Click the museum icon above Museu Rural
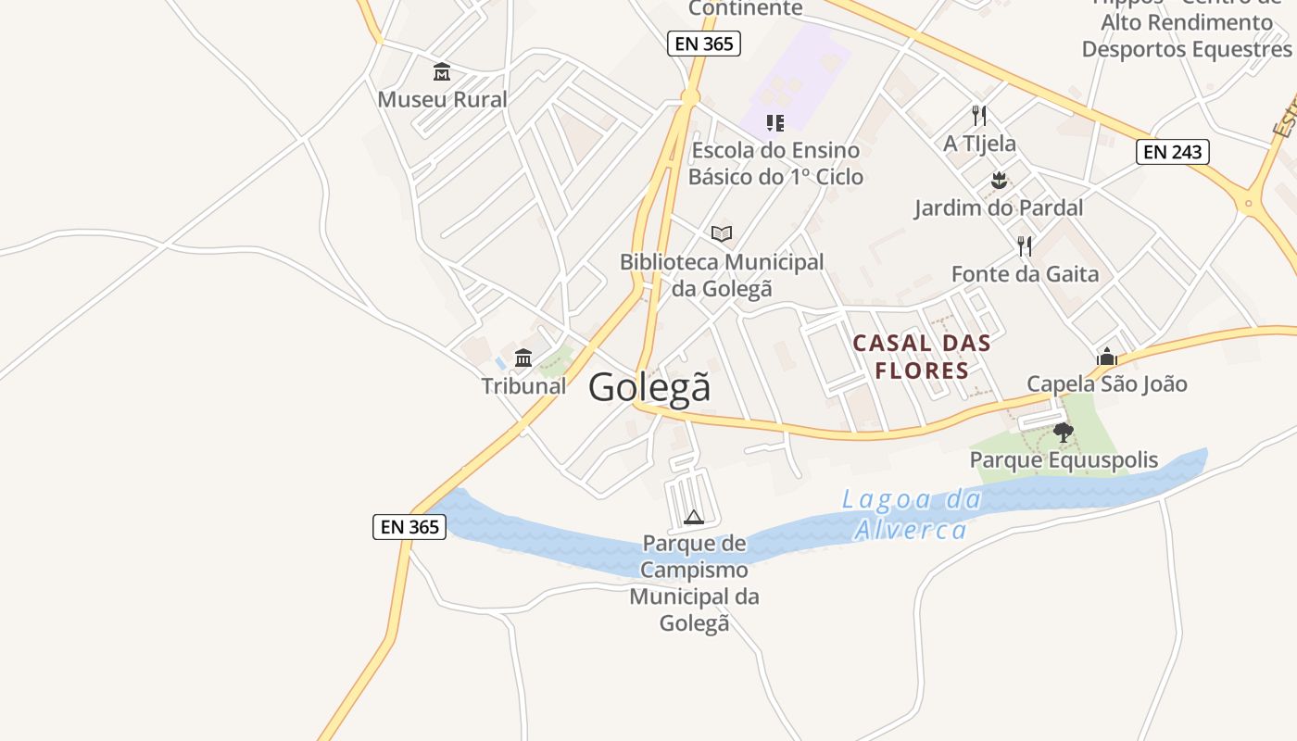[442, 72]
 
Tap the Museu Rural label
[442, 99]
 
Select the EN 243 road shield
[1172, 152]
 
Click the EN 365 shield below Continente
[703, 43]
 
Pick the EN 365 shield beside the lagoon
[409, 527]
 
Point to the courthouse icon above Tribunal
[523, 358]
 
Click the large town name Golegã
[649, 386]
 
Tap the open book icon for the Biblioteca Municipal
[722, 234]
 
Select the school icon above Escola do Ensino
[775, 122]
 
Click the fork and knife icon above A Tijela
[979, 116]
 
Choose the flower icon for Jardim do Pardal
[998, 180]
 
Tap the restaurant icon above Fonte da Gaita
[1025, 246]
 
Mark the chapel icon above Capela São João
[1106, 357]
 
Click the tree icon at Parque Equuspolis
[1064, 433]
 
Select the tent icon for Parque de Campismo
[694, 517]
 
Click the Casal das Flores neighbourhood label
[921, 357]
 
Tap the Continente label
[745, 8]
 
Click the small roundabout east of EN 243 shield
[1249, 203]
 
